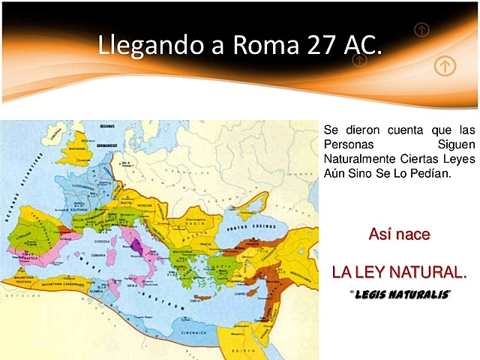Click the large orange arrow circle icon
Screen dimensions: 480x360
tap(445, 66)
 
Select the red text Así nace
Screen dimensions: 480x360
tap(399, 234)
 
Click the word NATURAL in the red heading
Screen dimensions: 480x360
tap(429, 271)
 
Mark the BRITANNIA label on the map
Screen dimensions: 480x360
tap(77, 148)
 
